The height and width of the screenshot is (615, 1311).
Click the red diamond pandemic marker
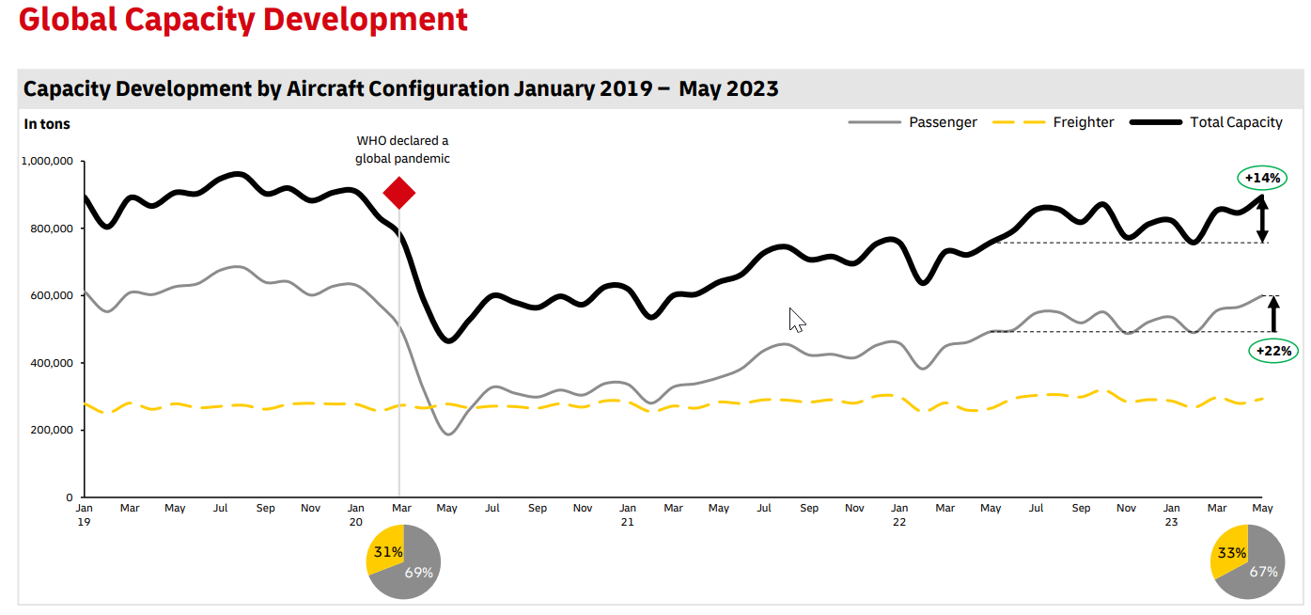[399, 193]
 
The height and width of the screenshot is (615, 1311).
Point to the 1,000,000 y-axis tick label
[46, 162]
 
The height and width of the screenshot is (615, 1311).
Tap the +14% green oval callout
[1262, 178]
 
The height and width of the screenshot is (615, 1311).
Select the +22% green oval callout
[1274, 352]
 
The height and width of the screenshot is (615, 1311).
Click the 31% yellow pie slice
[385, 554]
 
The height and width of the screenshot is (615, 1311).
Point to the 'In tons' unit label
[47, 124]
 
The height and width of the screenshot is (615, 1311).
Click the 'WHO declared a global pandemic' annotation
[402, 150]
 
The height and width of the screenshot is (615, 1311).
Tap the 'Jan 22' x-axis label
[899, 514]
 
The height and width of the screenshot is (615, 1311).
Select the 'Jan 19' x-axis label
[85, 514]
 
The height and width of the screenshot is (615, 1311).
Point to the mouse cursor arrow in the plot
[796, 319]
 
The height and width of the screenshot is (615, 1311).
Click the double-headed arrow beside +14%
[1262, 219]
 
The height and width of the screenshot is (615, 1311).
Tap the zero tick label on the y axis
[69, 497]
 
